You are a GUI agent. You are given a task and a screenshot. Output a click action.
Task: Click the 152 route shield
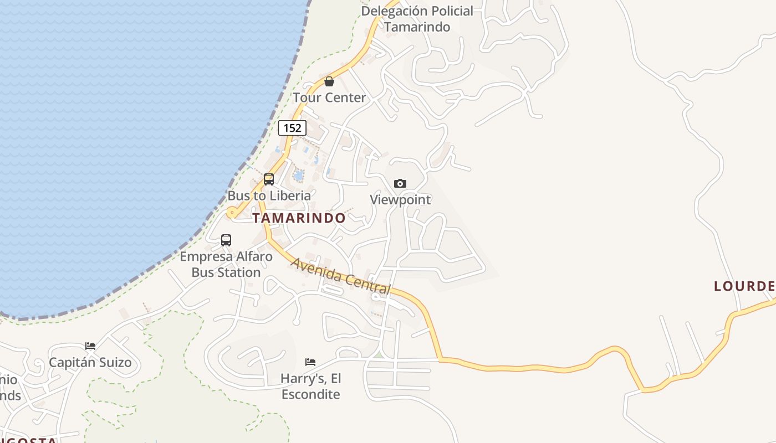pos(292,128)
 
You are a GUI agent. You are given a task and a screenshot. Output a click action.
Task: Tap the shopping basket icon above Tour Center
pos(329,82)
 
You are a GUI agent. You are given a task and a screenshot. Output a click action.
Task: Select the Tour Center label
pos(329,97)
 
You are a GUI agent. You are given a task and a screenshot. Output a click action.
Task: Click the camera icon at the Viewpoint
pos(400,183)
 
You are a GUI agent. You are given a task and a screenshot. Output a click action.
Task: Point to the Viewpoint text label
pos(400,199)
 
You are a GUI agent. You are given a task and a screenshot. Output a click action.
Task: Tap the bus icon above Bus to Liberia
pos(269,179)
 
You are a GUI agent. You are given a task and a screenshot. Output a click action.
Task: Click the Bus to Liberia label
pos(269,195)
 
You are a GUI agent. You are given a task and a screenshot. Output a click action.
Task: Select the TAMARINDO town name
pos(299,218)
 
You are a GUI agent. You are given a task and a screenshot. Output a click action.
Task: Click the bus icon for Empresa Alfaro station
pos(226,240)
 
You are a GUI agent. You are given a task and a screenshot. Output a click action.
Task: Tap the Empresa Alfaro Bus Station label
pos(226,265)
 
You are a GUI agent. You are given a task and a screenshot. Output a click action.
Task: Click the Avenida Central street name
pos(341,276)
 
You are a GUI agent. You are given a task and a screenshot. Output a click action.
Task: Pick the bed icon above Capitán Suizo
pos(90,346)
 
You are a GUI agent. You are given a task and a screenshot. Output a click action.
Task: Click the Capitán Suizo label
pos(90,363)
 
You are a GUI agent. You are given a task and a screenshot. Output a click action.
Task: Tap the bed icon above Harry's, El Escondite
pos(310,362)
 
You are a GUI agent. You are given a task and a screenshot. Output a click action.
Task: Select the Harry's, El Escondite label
pos(310,387)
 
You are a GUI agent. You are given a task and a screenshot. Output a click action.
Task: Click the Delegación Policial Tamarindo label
pos(417,19)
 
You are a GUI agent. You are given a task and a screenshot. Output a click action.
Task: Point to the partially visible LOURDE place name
pos(744,286)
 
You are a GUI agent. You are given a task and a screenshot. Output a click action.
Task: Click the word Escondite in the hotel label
pos(310,394)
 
